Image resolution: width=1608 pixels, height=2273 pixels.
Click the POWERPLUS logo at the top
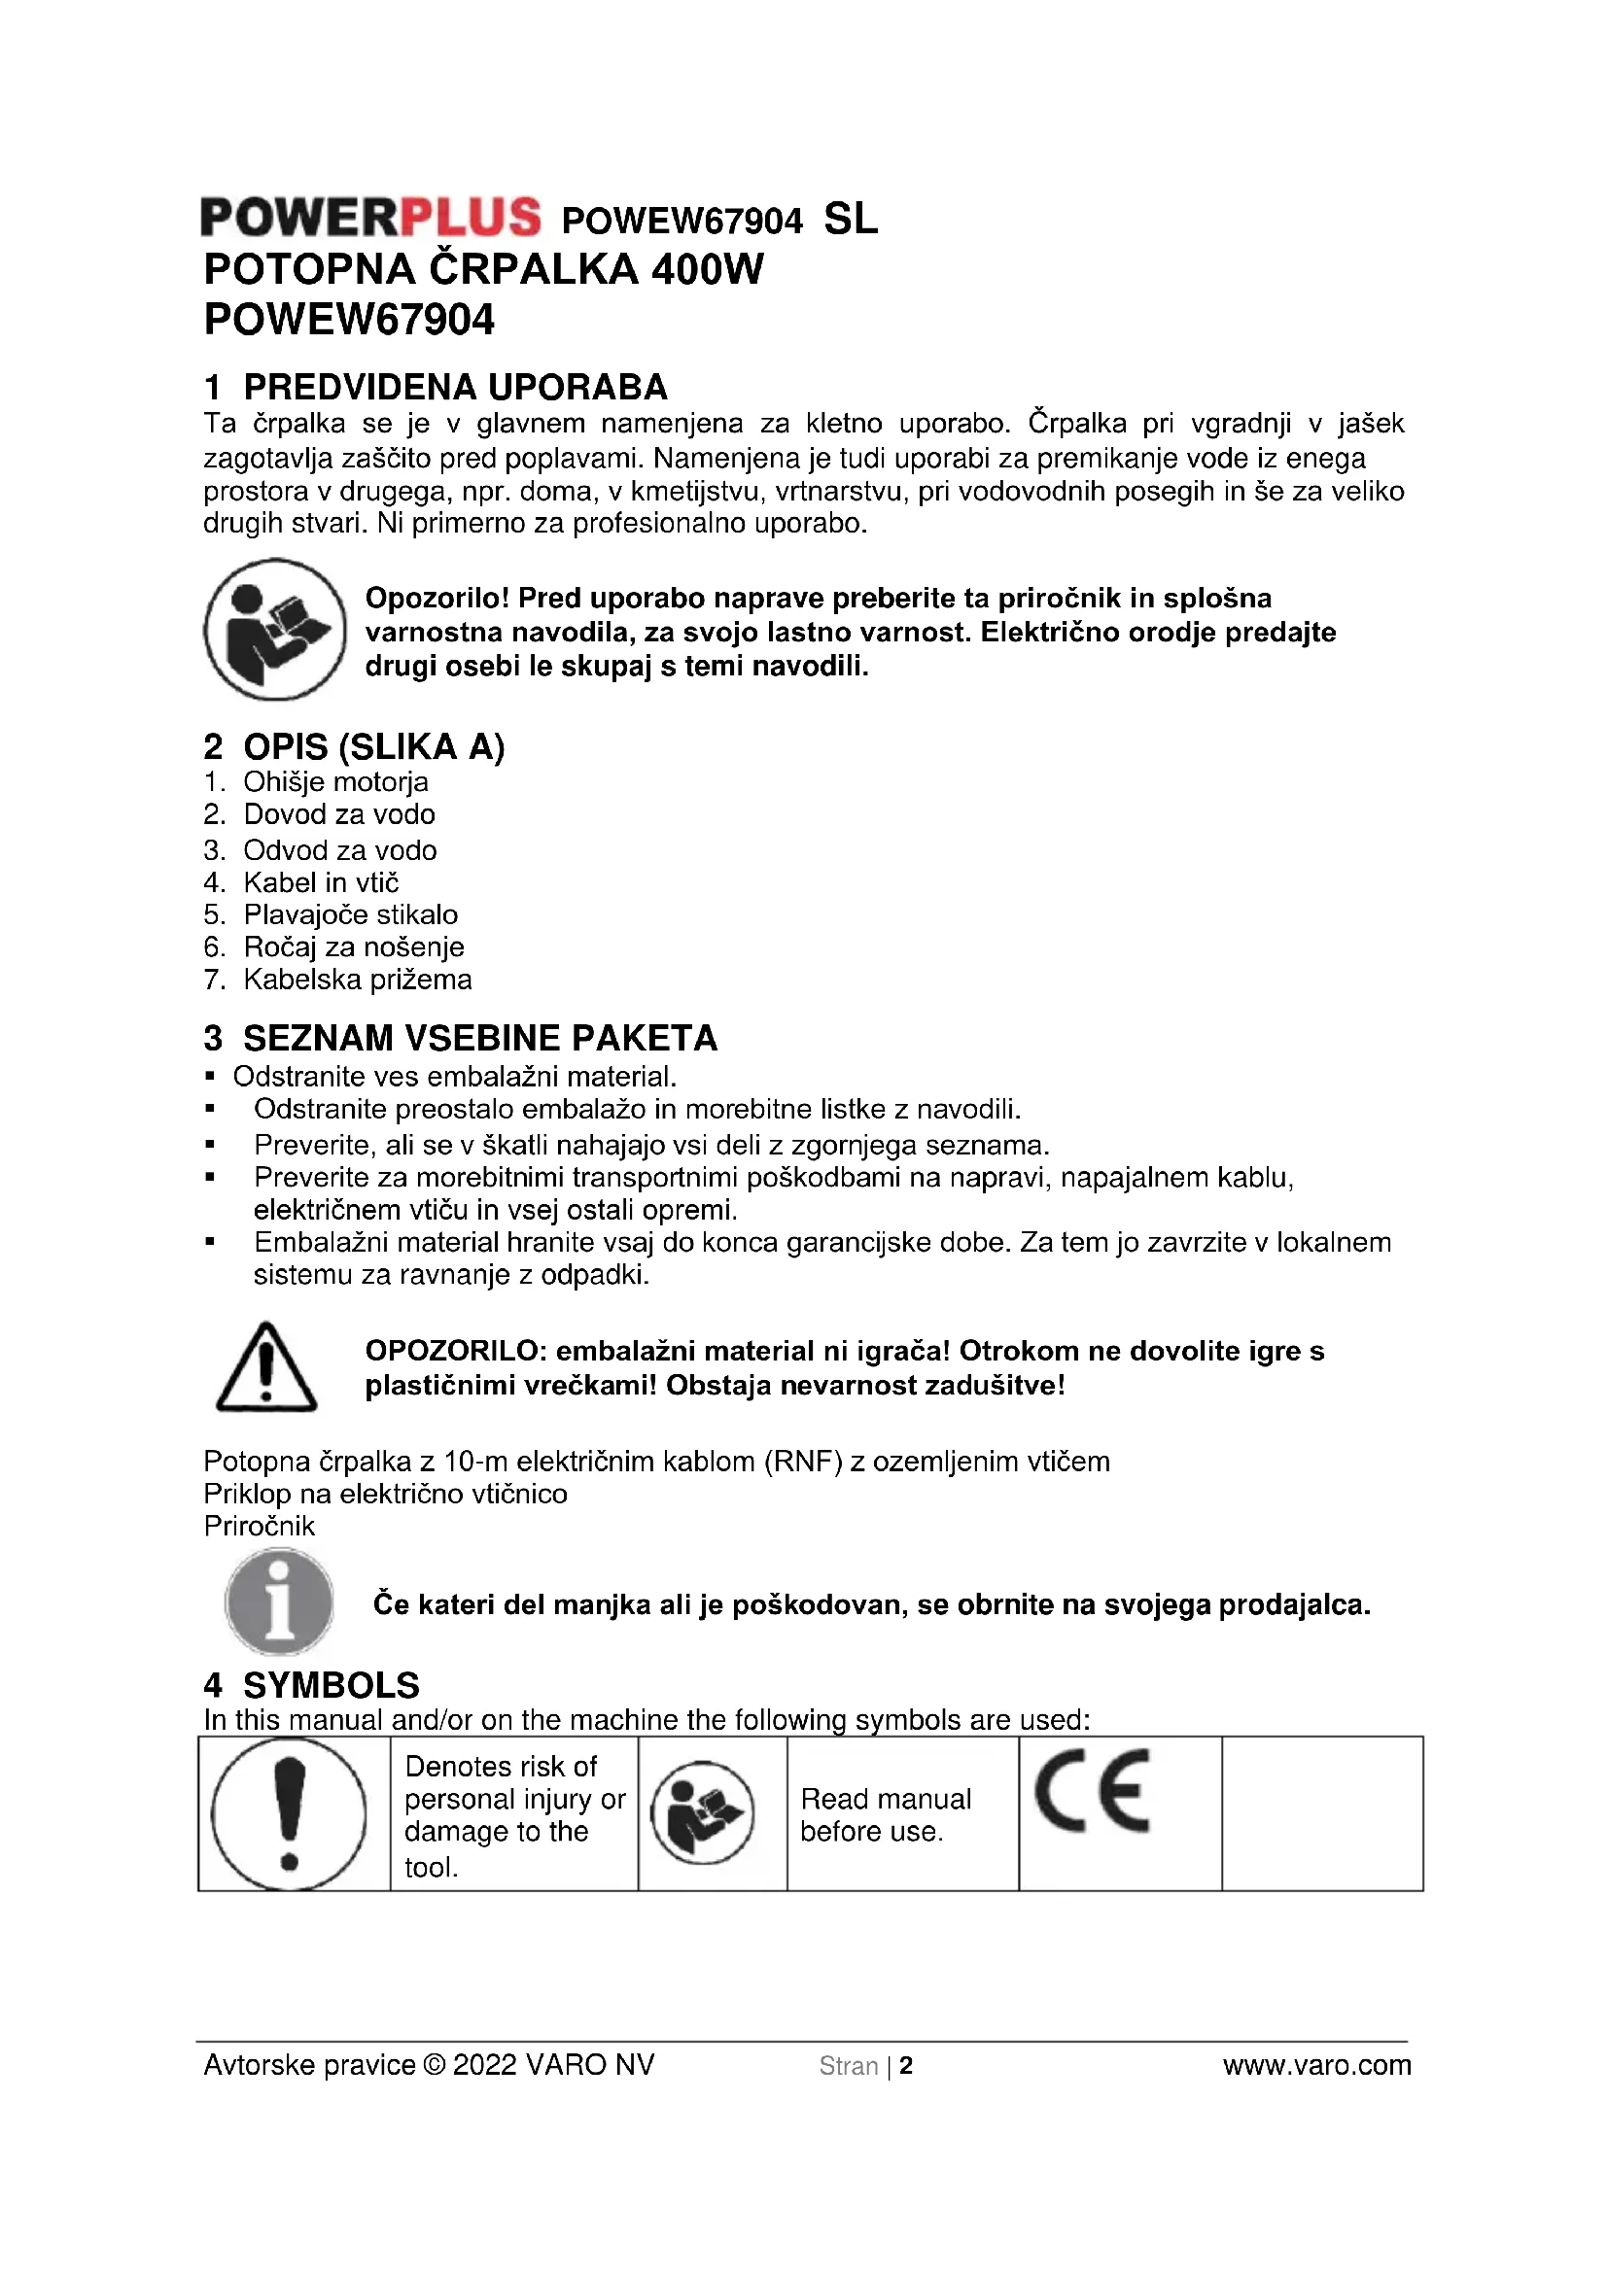click(370, 218)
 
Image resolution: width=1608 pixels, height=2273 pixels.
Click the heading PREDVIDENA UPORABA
click(455, 387)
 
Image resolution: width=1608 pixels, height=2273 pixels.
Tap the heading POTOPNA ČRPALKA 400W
click(483, 269)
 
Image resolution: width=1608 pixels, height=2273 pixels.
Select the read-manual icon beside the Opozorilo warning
click(275, 630)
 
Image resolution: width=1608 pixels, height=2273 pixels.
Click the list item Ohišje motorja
click(335, 782)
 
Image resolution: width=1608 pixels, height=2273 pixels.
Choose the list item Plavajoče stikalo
click(351, 914)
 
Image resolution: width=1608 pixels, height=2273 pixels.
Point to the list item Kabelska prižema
click(358, 981)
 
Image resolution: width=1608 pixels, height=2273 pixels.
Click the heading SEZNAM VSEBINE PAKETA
click(480, 1039)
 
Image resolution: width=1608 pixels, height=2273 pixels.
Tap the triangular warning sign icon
click(265, 1367)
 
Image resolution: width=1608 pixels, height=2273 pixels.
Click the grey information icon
click(279, 1601)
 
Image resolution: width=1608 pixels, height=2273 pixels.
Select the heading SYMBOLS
click(331, 1685)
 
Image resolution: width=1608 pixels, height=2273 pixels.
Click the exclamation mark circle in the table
click(289, 1814)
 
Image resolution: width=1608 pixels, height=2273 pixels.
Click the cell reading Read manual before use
click(886, 1814)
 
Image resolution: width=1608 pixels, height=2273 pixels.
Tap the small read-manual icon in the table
click(702, 1813)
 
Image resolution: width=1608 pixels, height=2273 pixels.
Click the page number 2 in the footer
click(906, 2066)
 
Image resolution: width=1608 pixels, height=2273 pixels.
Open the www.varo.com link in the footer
click(1316, 2065)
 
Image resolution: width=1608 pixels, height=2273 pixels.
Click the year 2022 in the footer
click(484, 2065)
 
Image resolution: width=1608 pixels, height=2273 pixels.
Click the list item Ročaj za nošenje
click(354, 947)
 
